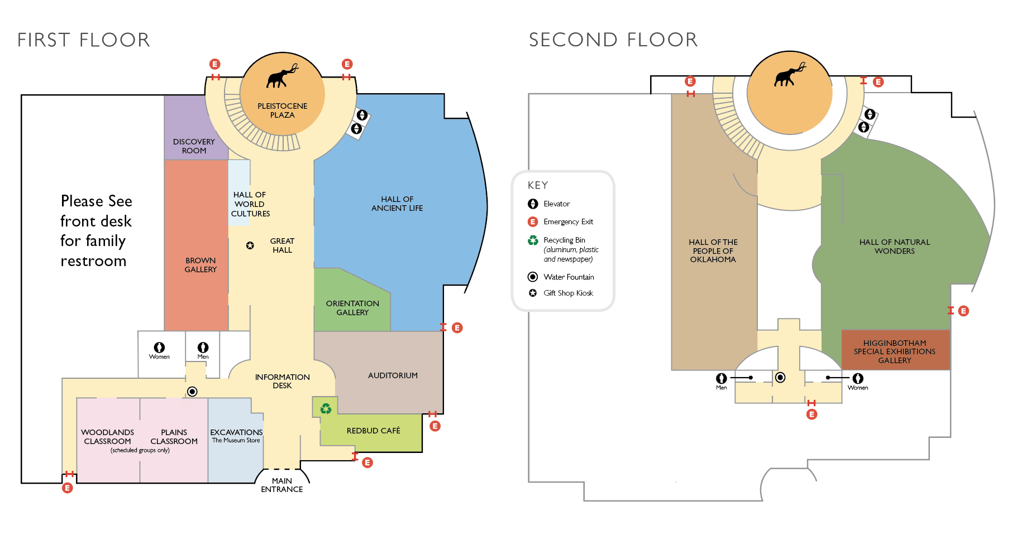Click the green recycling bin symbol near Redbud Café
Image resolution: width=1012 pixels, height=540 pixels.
pyautogui.click(x=326, y=409)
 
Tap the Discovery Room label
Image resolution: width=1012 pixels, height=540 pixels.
pyautogui.click(x=194, y=146)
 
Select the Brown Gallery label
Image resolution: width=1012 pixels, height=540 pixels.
pyautogui.click(x=201, y=265)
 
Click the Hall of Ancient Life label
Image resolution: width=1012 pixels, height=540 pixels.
pyautogui.click(x=397, y=204)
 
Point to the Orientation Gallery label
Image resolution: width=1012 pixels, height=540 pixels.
pyautogui.click(x=352, y=308)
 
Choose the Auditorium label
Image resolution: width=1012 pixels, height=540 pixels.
pyautogui.click(x=393, y=375)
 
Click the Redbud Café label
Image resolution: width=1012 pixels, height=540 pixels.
pyautogui.click(x=373, y=431)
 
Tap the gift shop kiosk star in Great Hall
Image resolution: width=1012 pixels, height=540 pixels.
pyautogui.click(x=250, y=245)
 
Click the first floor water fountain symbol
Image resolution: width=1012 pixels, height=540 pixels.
pyautogui.click(x=192, y=392)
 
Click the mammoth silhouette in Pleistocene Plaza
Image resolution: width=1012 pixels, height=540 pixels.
pyautogui.click(x=282, y=76)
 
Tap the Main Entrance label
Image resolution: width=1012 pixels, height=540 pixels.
pyautogui.click(x=282, y=485)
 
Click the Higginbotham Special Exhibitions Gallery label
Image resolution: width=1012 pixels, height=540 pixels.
pyautogui.click(x=894, y=351)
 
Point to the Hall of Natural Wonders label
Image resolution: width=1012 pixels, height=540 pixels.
pyautogui.click(x=894, y=247)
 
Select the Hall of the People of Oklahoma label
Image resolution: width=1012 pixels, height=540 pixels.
pyautogui.click(x=713, y=250)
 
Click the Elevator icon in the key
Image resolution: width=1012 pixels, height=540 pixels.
pyautogui.click(x=533, y=204)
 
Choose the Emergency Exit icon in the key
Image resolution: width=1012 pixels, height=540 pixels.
pyautogui.click(x=533, y=221)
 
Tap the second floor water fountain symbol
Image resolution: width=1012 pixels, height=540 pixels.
pyautogui.click(x=780, y=378)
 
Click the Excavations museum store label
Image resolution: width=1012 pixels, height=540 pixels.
pyautogui.click(x=236, y=436)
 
